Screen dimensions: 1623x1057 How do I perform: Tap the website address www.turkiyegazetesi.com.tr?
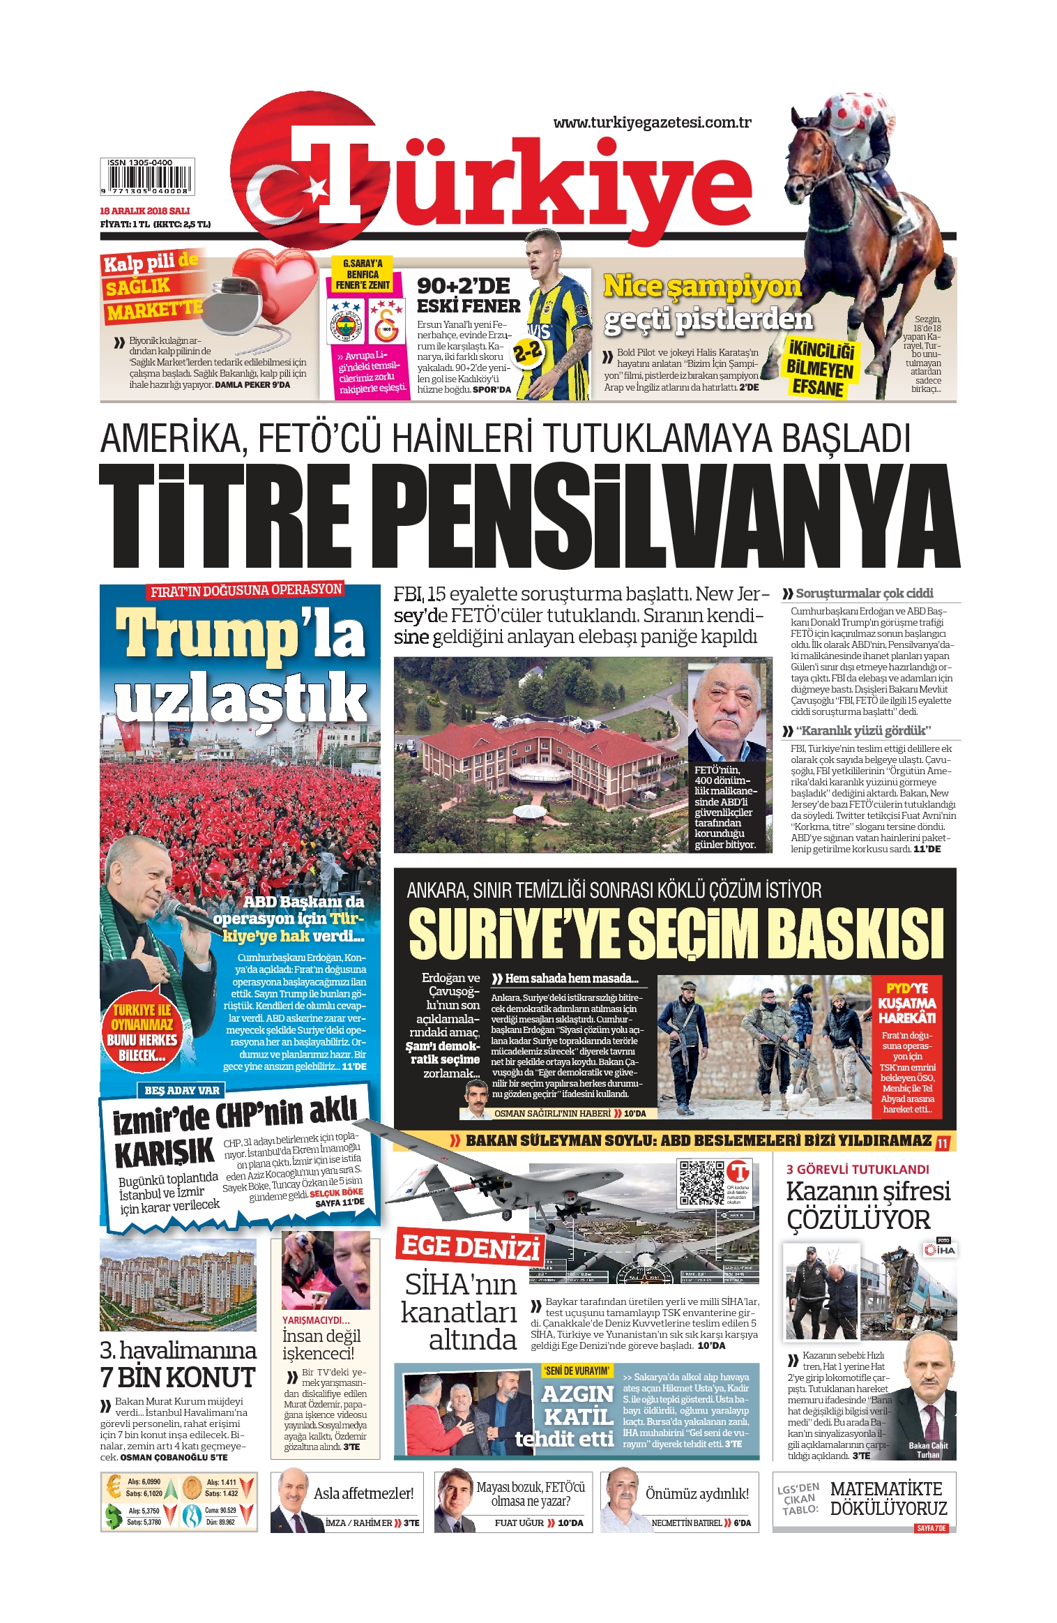652,123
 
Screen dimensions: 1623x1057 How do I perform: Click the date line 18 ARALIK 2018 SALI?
145,211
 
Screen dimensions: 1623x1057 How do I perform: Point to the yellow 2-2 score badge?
528,352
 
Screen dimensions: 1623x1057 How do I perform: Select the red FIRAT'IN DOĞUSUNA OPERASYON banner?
246,590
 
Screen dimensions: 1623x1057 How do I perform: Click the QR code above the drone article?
701,1182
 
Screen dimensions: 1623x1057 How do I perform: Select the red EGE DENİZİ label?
471,1246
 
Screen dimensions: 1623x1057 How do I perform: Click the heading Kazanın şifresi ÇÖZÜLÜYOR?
868,1205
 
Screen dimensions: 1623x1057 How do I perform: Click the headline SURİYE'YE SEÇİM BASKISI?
675,933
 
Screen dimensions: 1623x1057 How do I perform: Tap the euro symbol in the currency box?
114,1487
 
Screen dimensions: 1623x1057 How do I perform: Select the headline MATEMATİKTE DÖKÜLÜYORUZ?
888,1498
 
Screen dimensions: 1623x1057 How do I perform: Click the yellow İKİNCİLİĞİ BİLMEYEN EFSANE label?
820,368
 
